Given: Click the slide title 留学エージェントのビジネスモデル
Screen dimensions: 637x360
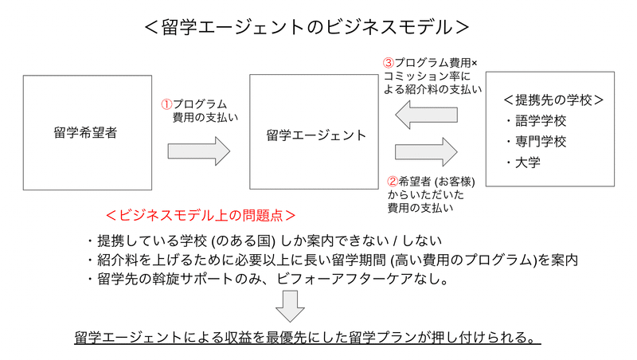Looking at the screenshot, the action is coord(307,27).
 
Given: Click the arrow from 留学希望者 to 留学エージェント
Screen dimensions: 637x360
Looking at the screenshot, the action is coord(199,151).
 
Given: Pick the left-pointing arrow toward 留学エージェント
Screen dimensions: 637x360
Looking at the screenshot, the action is coord(426,115).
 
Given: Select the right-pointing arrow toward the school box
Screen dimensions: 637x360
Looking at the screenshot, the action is coord(426,152).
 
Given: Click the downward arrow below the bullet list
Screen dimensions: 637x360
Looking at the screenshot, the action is coord(290,307).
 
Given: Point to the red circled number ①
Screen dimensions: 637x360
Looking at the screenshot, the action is coord(166,104).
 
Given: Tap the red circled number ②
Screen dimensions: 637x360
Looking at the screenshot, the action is coord(393,182).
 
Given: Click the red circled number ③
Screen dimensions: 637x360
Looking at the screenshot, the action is coord(389,63).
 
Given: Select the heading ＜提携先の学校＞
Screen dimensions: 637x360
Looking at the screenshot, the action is coord(553,100).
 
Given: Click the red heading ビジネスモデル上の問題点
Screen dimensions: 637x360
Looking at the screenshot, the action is coord(201,215).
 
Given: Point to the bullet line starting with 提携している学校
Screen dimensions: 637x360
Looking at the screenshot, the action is coord(264,241).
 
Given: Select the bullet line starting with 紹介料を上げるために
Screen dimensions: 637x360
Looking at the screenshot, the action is coord(333,260).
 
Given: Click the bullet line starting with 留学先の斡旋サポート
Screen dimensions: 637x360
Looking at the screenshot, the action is coord(268,279).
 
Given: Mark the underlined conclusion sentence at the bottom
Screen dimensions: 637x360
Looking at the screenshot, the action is coord(307,338).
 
